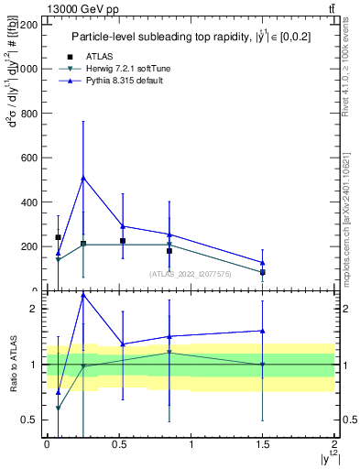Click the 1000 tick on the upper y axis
27,69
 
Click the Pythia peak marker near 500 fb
83,178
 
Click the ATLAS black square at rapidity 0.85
169,251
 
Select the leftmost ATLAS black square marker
58,237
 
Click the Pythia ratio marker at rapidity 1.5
262,331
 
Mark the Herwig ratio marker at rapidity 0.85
169,353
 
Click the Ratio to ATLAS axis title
13,365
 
